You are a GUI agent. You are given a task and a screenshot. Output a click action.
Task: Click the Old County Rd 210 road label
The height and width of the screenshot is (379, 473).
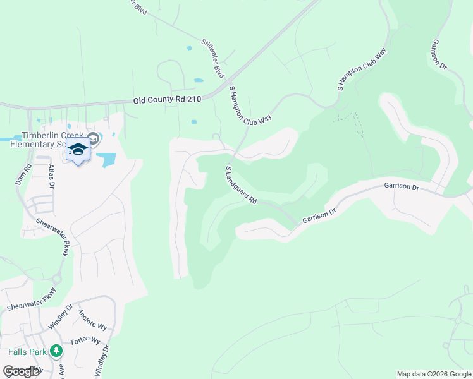pyautogui.click(x=167, y=100)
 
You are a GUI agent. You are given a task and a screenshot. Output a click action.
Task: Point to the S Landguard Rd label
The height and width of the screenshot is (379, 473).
pyautogui.click(x=241, y=184)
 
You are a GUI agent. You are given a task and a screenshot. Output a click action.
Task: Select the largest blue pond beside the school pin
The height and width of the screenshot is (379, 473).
pyautogui.click(x=106, y=159)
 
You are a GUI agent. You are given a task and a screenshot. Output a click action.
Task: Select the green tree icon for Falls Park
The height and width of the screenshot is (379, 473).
pyautogui.click(x=56, y=350)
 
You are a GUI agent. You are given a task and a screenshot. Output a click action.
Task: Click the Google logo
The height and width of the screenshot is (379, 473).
pyautogui.click(x=21, y=371)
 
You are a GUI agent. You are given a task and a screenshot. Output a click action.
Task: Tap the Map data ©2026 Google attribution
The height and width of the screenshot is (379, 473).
pyautogui.click(x=434, y=374)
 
